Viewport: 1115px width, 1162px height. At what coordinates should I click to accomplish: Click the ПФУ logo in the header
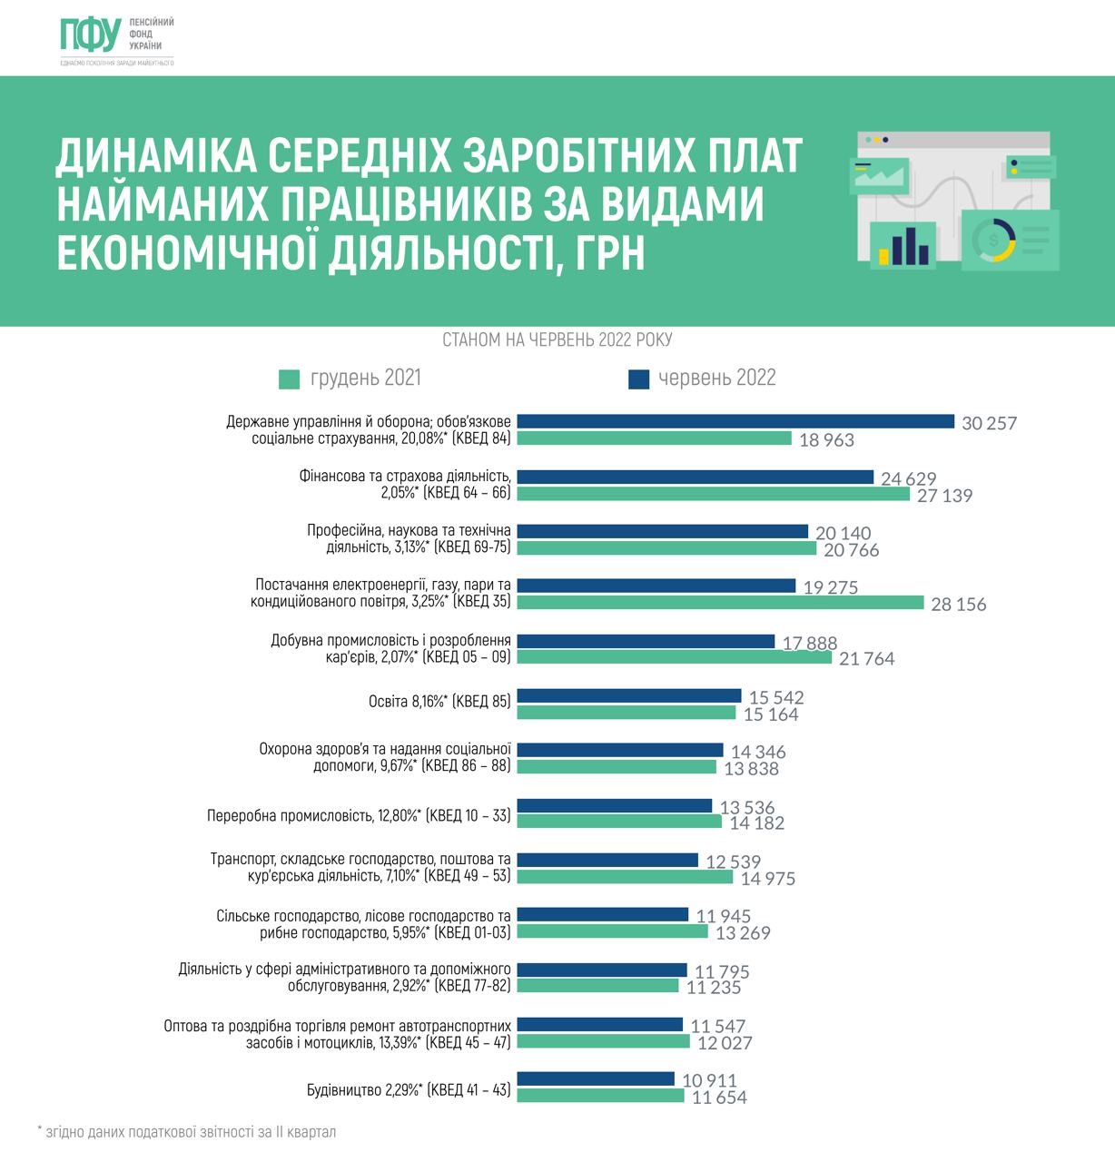pyautogui.click(x=91, y=34)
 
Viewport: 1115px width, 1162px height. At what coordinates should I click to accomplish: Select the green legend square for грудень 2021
pyautogui.click(x=290, y=379)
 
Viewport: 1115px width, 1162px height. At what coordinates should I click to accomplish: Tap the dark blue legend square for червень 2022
pyautogui.click(x=639, y=379)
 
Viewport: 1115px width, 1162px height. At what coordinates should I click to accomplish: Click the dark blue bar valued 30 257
pyautogui.click(x=735, y=422)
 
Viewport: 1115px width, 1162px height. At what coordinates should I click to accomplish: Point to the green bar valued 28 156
pyautogui.click(x=720, y=603)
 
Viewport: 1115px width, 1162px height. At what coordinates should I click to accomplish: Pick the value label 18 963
pyautogui.click(x=826, y=440)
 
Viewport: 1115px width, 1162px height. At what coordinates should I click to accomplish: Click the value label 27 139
pyautogui.click(x=944, y=496)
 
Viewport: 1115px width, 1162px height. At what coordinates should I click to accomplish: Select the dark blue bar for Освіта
pyautogui.click(x=629, y=696)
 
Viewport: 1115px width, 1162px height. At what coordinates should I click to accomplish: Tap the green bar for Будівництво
pyautogui.click(x=600, y=1096)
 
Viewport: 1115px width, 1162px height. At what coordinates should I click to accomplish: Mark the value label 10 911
pyautogui.click(x=709, y=1080)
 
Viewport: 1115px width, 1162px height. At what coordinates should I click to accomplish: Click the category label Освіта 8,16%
pyautogui.click(x=439, y=702)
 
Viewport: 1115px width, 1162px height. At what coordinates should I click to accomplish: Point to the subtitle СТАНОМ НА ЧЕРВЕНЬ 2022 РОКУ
pyautogui.click(x=557, y=340)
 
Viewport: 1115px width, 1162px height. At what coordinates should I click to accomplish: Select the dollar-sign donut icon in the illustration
pyautogui.click(x=993, y=240)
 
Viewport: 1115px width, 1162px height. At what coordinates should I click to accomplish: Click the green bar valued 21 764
pyautogui.click(x=674, y=657)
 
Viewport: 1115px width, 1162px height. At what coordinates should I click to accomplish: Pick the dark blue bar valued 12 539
pyautogui.click(x=607, y=860)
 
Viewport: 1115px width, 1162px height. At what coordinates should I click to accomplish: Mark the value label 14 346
pyautogui.click(x=758, y=752)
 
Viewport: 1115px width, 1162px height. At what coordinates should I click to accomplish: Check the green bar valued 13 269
pyautogui.click(x=612, y=931)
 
